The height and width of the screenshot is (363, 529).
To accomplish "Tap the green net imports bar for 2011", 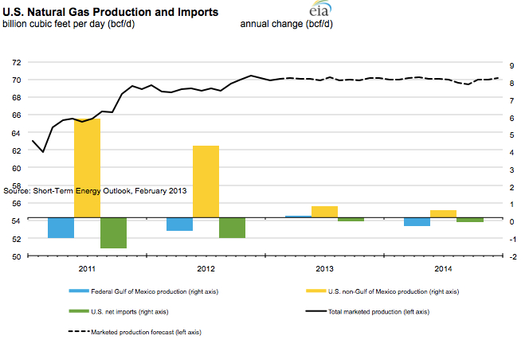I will click(x=114, y=232).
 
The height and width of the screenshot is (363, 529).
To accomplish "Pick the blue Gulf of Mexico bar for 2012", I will click(x=179, y=224).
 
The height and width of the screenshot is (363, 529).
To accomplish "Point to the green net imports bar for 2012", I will click(x=232, y=228).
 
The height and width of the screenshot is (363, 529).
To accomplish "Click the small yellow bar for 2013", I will click(x=324, y=212).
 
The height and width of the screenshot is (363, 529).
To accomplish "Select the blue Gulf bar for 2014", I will click(x=417, y=221).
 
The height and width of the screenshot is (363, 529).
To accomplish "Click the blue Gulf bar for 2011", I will click(x=61, y=228).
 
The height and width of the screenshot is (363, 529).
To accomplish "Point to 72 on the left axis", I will click(x=16, y=62).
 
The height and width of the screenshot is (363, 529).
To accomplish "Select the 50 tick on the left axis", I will click(x=16, y=256).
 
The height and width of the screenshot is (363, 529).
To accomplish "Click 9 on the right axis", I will click(x=515, y=62).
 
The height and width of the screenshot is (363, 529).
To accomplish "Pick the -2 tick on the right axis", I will click(x=515, y=256).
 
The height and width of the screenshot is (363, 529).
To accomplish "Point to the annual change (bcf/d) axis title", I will click(x=286, y=24).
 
